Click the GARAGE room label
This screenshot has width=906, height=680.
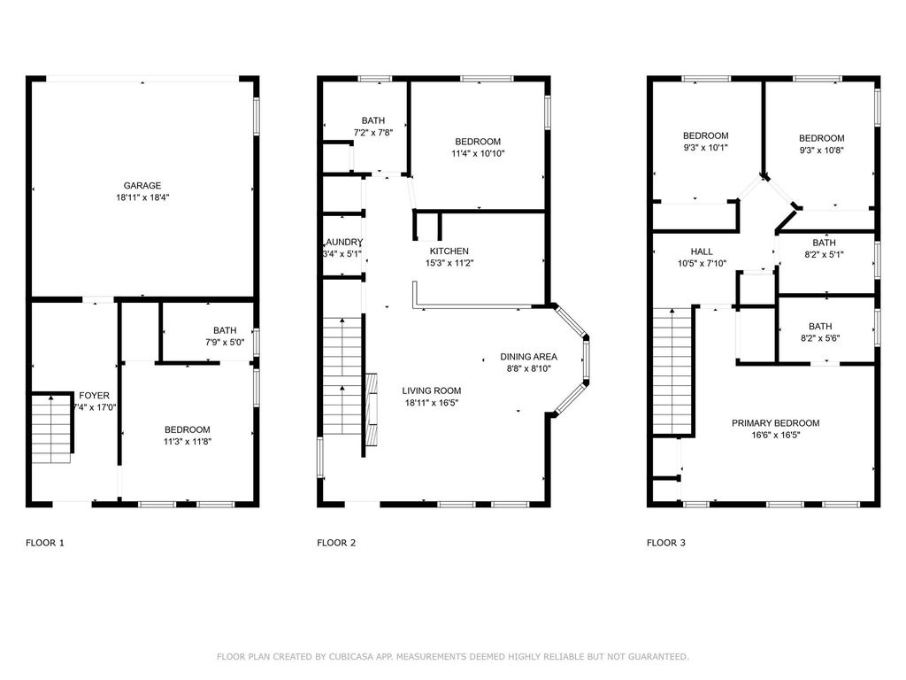142,186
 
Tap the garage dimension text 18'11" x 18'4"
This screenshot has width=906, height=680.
142,198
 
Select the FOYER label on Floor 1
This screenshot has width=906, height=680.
95,395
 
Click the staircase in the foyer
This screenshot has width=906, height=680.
52,427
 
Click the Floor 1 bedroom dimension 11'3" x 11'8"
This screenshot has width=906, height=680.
187,441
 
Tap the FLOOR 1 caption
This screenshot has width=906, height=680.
45,543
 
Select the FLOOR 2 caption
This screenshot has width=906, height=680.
336,543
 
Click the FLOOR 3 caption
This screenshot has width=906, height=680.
666,543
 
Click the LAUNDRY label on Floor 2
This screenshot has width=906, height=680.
343,242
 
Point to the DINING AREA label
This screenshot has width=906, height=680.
528,356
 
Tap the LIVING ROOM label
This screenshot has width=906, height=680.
431,390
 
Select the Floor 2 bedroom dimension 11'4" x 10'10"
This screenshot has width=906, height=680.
478,154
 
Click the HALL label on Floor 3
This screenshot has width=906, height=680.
702,251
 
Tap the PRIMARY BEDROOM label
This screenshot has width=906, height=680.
775,423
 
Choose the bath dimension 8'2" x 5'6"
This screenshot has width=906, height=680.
820,338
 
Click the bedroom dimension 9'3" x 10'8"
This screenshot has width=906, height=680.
821,151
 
